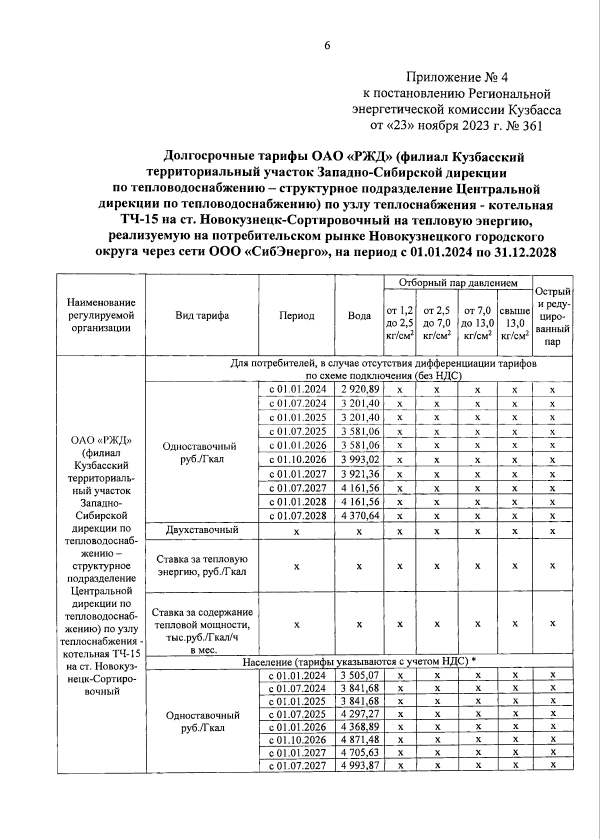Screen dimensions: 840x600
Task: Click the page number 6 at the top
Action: (327, 45)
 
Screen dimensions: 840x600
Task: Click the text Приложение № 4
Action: (456, 77)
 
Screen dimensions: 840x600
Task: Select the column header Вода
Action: (359, 316)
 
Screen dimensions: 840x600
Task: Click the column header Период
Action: (296, 316)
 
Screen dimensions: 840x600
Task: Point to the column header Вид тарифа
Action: (202, 315)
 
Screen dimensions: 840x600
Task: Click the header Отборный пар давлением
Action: (457, 282)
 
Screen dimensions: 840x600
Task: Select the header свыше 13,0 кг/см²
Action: (514, 323)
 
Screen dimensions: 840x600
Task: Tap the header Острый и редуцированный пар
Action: (552, 316)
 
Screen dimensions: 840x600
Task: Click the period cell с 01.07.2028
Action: (297, 515)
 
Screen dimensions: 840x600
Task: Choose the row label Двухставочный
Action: (202, 530)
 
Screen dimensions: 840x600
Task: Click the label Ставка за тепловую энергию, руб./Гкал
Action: (202, 565)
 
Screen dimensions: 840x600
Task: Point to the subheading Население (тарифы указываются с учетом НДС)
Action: (358, 661)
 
